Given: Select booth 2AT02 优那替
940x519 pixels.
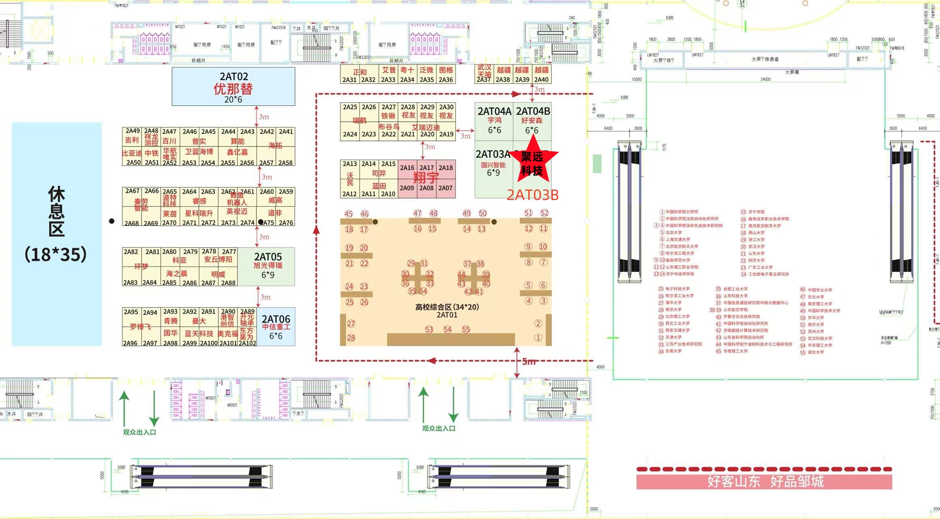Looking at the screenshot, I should (233, 87).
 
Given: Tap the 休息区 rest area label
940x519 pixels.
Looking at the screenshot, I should (56, 224).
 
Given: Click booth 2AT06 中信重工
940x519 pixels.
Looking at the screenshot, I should (276, 327).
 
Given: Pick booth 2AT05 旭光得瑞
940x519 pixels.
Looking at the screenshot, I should (268, 266).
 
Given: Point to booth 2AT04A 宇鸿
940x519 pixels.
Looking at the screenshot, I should (494, 121).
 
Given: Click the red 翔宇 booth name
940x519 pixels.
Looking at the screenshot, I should (426, 178).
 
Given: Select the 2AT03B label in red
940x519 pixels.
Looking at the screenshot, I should (532, 195).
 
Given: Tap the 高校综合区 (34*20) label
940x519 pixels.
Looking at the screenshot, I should (447, 307).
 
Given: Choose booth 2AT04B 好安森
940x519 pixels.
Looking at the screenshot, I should (532, 121).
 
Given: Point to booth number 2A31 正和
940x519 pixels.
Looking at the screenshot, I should (349, 80).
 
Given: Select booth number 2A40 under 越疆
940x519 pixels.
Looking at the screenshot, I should (541, 80).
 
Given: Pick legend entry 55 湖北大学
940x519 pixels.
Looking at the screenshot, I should (812, 352).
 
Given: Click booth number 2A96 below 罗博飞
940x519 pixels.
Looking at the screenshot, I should (130, 343).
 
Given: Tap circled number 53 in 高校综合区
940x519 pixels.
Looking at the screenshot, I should (429, 329).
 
